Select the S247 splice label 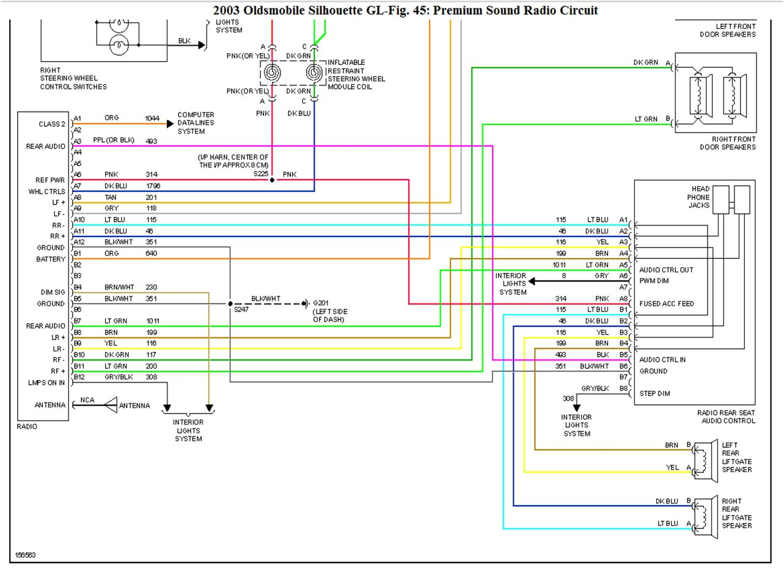tap(241, 310)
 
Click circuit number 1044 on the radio tap(152, 119)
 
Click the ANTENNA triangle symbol tap(111, 405)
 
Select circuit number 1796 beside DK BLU tap(153, 186)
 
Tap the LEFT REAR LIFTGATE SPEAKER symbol tap(705, 457)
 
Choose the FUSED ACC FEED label tap(666, 304)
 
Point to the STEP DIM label tap(654, 393)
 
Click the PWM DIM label tap(654, 281)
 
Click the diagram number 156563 tap(24, 555)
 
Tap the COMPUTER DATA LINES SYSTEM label tap(196, 123)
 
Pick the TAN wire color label tap(111, 197)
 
